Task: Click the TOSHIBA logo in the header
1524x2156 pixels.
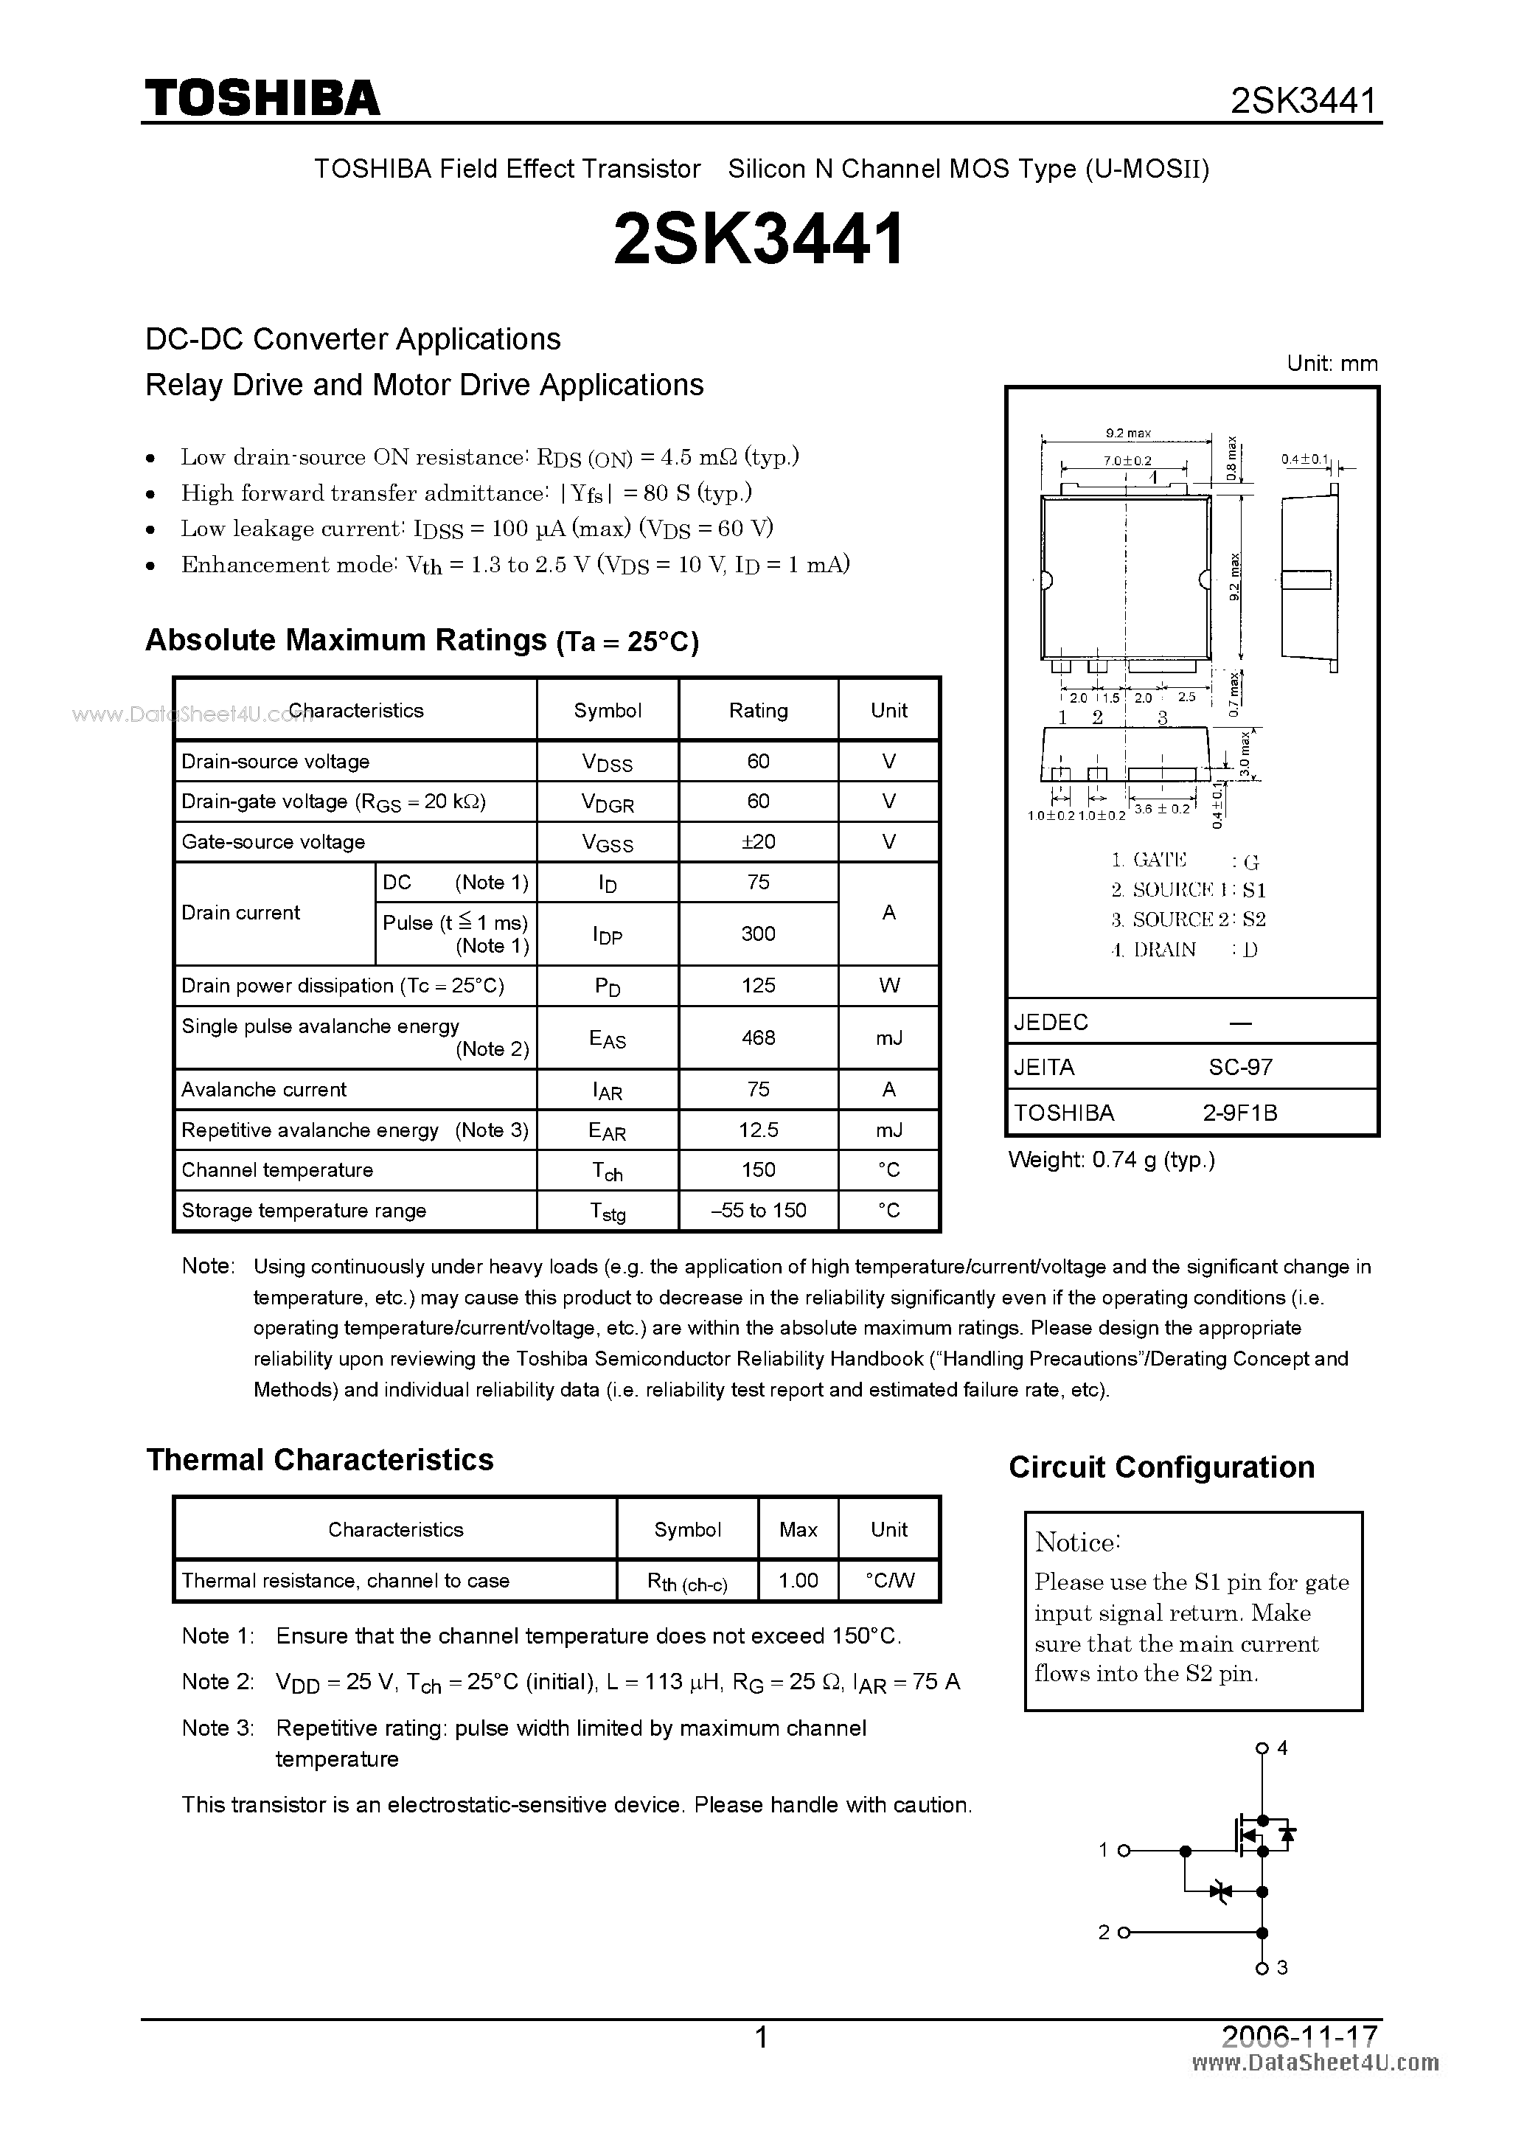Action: [262, 97]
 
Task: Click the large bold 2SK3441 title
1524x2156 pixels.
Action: [759, 238]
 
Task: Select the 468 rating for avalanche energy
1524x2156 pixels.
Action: [758, 1037]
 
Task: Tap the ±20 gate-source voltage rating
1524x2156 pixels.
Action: [758, 842]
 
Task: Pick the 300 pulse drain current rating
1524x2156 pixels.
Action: [758, 934]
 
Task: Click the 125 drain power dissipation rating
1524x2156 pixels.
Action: [758, 986]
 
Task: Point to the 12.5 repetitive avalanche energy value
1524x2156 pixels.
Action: [758, 1130]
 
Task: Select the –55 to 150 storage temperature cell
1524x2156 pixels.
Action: [758, 1211]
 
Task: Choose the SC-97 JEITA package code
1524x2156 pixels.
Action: [1239, 1068]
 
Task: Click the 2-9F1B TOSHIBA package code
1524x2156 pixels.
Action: [1239, 1113]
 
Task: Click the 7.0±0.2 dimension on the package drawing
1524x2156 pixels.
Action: [1126, 461]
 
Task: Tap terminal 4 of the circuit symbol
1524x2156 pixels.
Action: [1262, 1748]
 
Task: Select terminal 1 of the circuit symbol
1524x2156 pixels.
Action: [1123, 1851]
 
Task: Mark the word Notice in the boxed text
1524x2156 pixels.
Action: [1076, 1543]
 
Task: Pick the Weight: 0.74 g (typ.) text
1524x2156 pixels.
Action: [1112, 1161]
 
